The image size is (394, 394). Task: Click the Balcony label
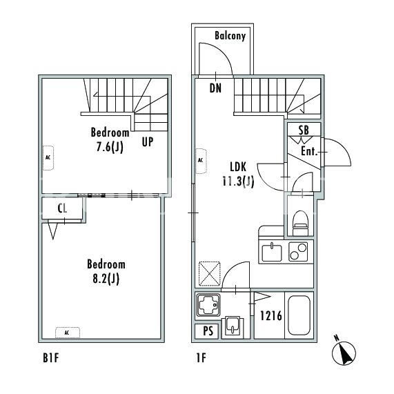click(x=230, y=36)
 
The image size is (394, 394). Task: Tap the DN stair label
click(x=215, y=88)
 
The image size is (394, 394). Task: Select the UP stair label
click(x=148, y=142)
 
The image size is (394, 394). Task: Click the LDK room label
click(x=238, y=167)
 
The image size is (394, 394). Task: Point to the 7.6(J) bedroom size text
click(x=110, y=147)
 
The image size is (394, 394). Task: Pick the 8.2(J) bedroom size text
click(x=106, y=279)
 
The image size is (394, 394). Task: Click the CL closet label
click(x=62, y=208)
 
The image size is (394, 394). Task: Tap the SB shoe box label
click(x=304, y=130)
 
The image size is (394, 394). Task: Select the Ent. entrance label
click(x=309, y=152)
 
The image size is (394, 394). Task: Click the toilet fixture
click(x=301, y=223)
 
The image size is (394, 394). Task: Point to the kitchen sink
click(x=272, y=253)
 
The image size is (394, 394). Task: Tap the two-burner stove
click(x=298, y=252)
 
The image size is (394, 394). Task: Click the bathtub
click(x=299, y=315)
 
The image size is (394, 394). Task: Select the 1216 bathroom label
click(x=271, y=316)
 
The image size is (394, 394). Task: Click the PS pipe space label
click(x=208, y=331)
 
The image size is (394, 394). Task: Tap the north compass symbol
click(x=344, y=352)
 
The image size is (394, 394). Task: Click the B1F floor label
click(x=51, y=358)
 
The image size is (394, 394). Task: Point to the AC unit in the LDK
click(x=201, y=161)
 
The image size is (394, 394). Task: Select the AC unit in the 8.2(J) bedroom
click(x=68, y=333)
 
